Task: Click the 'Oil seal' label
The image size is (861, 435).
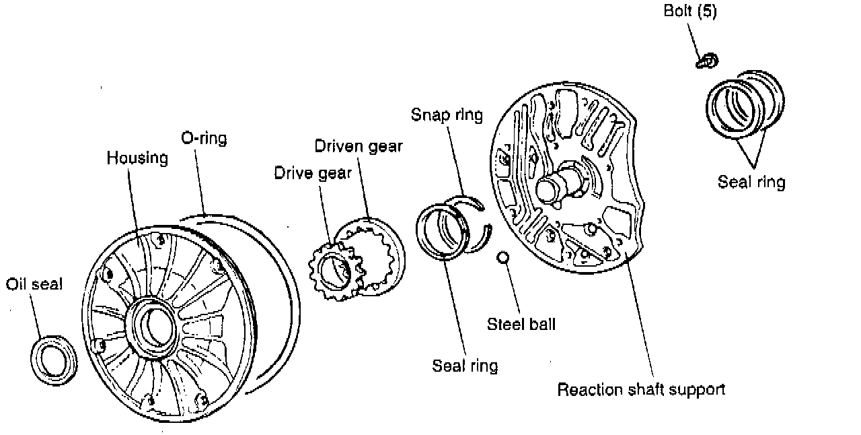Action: coord(34,284)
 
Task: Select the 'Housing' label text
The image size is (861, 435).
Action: coord(137,158)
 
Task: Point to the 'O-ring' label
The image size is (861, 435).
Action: coord(204,139)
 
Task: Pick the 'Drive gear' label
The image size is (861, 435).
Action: coord(313,173)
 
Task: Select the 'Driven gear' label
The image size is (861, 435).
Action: coord(359,146)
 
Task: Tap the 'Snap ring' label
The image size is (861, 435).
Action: coord(447,115)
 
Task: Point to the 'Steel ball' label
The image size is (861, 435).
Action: coord(521,324)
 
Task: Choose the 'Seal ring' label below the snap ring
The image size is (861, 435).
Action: coord(465,366)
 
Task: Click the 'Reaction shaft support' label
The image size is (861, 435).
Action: coord(641,389)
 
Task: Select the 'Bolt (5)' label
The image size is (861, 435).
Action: coord(689,11)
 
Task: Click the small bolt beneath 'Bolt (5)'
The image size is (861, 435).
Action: coord(707,61)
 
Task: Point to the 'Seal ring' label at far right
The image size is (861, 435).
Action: coord(751,181)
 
